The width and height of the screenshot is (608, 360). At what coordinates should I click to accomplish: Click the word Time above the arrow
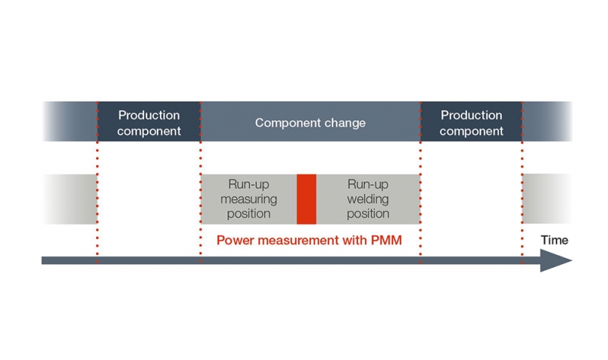tap(555, 240)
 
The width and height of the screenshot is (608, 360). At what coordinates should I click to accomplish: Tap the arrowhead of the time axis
tap(555, 260)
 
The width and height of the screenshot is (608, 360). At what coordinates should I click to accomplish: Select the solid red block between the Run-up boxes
tap(306, 199)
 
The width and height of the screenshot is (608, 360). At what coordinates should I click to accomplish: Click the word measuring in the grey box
tap(248, 199)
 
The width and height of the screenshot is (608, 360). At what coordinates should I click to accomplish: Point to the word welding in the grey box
tap(368, 199)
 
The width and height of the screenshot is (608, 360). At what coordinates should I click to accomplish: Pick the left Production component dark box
tap(149, 122)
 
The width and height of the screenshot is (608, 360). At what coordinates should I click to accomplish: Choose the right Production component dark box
tap(471, 122)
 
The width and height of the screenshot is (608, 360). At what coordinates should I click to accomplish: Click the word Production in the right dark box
tap(471, 115)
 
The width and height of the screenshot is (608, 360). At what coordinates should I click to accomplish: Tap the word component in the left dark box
tap(149, 130)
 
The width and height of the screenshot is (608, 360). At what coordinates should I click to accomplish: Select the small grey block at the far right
tap(547, 199)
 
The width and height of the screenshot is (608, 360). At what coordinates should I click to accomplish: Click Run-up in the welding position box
tap(368, 185)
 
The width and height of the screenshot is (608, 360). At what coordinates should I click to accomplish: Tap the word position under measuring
tap(248, 214)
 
